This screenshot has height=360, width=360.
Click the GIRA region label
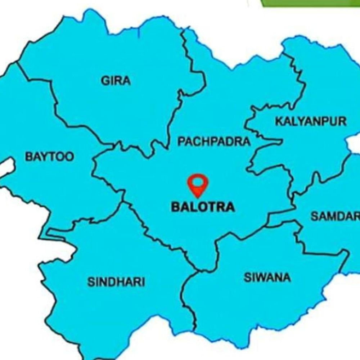(116, 81)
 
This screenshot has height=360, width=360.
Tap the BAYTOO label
(49, 157)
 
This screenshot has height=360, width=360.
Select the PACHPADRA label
(213, 141)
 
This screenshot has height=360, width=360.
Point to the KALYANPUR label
(311, 122)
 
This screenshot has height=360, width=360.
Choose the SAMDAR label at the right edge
(335, 216)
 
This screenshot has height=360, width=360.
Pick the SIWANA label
(267, 278)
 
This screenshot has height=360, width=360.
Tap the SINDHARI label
(116, 282)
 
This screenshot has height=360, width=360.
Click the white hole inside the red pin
(198, 182)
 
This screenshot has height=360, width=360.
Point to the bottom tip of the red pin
(198, 197)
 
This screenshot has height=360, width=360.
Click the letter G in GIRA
(105, 81)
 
